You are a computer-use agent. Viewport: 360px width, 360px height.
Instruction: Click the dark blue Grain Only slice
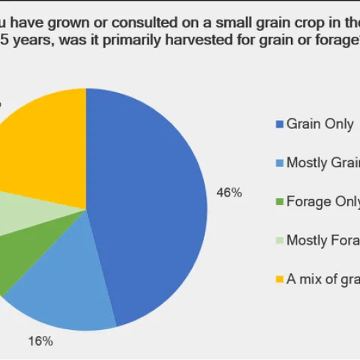tap(150, 202)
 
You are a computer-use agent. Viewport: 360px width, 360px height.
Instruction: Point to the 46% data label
tap(229, 193)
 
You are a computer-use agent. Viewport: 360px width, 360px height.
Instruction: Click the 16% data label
tap(40, 341)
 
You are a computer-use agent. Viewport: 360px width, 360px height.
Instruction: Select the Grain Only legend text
tap(319, 124)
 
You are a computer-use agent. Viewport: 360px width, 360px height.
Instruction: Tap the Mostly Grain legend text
tap(323, 163)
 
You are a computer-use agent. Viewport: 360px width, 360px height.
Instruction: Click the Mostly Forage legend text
tap(323, 241)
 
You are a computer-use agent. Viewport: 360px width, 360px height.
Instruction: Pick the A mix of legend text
tap(323, 280)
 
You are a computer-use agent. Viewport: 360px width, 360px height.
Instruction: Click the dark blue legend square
tap(279, 124)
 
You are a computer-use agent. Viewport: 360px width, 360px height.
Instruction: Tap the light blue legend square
tap(279, 163)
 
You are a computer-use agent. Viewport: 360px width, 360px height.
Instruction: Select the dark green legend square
tap(279, 202)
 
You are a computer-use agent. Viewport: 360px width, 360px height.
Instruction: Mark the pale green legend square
tap(279, 241)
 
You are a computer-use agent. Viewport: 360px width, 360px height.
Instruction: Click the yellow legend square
tap(279, 280)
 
